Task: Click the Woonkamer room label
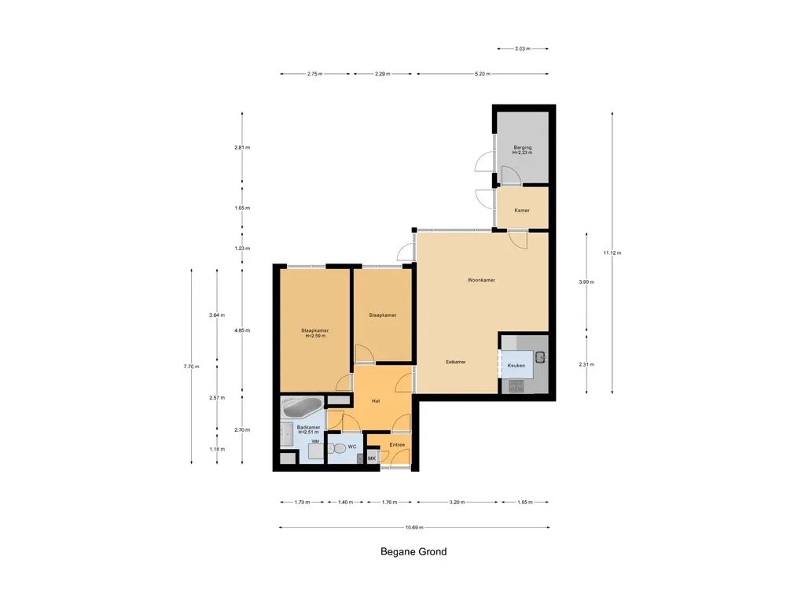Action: pos(481,280)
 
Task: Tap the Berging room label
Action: pos(523,147)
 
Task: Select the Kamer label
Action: pos(522,210)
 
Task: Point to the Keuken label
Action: pos(516,365)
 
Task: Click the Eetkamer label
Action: pos(456,362)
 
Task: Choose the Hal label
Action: pos(376,400)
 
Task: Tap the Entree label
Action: pos(397,444)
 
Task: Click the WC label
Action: pos(352,447)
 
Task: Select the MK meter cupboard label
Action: pos(372,459)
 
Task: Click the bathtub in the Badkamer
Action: pos(303,407)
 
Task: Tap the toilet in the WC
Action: pos(338,448)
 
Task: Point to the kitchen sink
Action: pos(540,356)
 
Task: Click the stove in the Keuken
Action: pos(516,385)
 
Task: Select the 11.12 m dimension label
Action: pos(612,252)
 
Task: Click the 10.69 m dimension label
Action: pos(414,527)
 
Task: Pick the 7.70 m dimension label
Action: pos(191,366)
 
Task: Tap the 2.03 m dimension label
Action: pos(523,49)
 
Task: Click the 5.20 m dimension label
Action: pos(482,74)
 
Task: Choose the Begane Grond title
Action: pos(414,551)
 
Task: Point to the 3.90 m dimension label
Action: pos(586,282)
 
